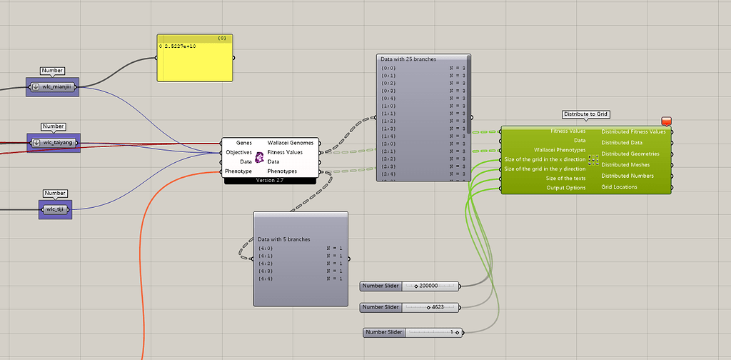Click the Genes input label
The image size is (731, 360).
(x=243, y=144)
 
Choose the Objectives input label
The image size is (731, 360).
(x=238, y=153)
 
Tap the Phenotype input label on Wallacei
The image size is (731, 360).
(x=238, y=171)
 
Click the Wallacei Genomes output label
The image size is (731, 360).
(x=290, y=144)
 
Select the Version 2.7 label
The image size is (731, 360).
(x=269, y=181)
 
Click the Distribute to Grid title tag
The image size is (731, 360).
(x=585, y=114)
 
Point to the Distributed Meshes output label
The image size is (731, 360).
(x=626, y=165)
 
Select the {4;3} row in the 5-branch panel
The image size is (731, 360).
(x=266, y=271)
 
